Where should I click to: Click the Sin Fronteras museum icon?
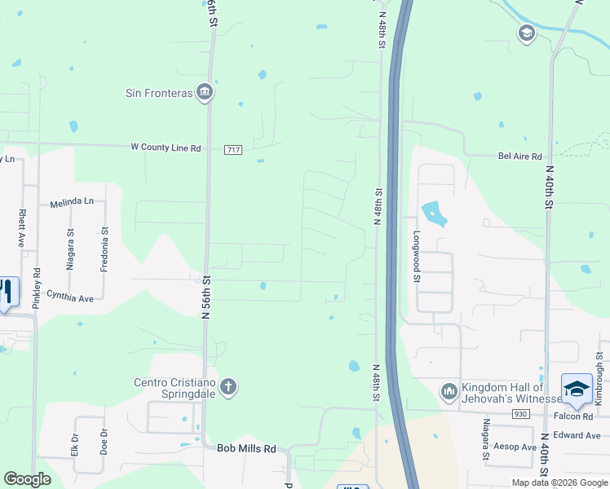pos(205,92)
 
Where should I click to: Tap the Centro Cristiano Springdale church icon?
pos(228,386)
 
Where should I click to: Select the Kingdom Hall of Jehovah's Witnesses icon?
pos(449,392)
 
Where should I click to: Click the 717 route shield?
pos(234,149)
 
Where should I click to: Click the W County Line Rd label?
pos(166,148)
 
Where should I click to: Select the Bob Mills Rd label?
pos(246,448)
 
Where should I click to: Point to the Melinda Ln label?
pos(72,201)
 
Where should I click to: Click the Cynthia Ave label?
pos(70,297)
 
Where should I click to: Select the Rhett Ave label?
pos(21,228)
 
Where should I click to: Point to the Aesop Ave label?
pos(515,447)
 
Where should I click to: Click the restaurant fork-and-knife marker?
pos(7,292)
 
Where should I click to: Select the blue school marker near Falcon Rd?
pos(577,388)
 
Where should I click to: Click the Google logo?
pos(28,479)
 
